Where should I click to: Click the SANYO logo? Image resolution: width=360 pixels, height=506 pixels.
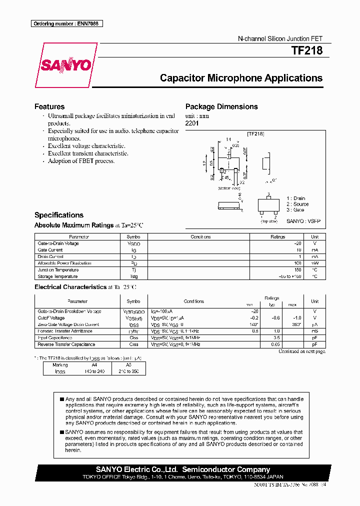pyautogui.click(x=66, y=65)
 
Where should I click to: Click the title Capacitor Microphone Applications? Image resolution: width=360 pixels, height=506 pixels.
pyautogui.click(x=241, y=78)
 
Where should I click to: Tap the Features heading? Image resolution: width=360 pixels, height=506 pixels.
pyautogui.click(x=49, y=106)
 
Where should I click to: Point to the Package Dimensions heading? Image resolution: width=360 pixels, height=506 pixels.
pyautogui.click(x=221, y=106)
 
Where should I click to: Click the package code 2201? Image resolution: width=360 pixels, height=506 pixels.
pyautogui.click(x=192, y=123)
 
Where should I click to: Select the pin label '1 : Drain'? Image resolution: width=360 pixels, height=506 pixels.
pyautogui.click(x=295, y=198)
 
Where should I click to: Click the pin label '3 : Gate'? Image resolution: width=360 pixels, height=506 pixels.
pyautogui.click(x=295, y=210)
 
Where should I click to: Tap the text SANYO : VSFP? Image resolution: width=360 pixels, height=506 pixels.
pyautogui.click(x=303, y=220)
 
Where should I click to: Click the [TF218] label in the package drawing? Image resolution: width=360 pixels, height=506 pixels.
pyautogui.click(x=255, y=134)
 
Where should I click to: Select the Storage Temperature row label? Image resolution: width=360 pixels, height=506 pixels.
pyautogui.click(x=57, y=276)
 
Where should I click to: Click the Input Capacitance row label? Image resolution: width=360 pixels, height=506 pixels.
pyautogui.click(x=56, y=338)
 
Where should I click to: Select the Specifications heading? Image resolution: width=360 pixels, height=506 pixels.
pyautogui.click(x=58, y=215)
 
